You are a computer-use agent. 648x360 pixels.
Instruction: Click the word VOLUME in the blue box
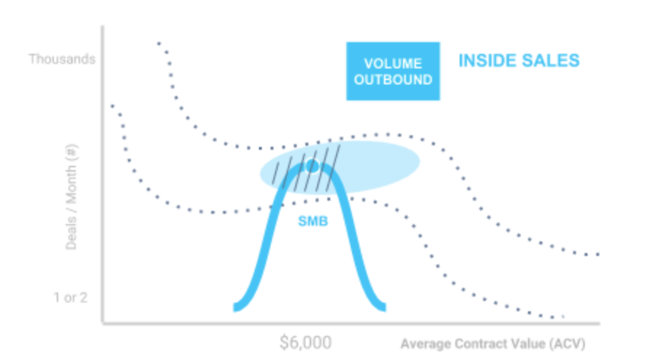[x=393, y=63]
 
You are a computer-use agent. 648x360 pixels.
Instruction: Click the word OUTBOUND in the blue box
[x=393, y=79]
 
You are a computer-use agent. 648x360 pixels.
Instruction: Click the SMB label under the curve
[x=313, y=221]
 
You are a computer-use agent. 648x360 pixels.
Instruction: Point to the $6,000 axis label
[x=305, y=343]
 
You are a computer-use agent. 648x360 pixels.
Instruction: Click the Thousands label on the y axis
[x=62, y=59]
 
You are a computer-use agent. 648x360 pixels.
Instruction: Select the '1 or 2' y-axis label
[x=71, y=297]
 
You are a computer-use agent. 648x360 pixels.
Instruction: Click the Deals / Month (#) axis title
[x=71, y=197]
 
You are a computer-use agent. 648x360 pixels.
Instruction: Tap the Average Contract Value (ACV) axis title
[x=493, y=343]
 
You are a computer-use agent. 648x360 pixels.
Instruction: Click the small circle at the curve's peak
[x=312, y=166]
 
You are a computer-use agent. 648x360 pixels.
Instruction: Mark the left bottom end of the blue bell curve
[x=236, y=308]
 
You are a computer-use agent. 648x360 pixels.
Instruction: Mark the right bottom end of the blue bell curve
[x=383, y=307]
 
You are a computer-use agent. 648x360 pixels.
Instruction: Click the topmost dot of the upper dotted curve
[x=159, y=43]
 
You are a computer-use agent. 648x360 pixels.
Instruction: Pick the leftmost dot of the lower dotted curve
[x=113, y=106]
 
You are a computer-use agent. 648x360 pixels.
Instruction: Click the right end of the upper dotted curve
[x=598, y=255]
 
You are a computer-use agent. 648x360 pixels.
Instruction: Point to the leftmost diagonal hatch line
[x=275, y=173]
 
